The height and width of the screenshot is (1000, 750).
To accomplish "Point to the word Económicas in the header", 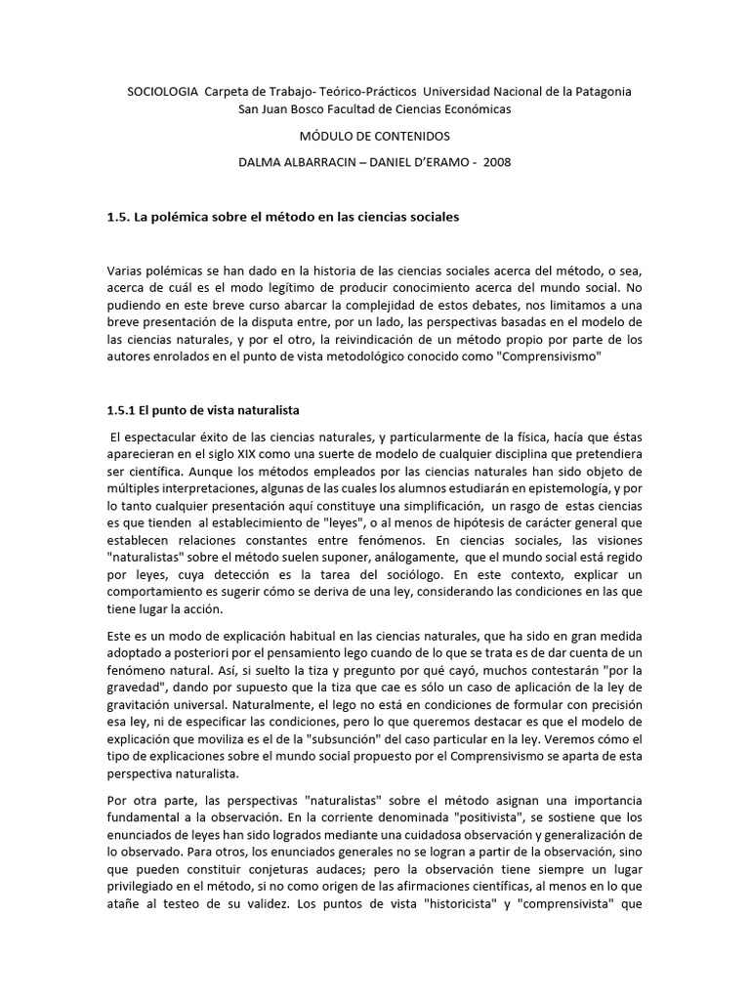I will pyautogui.click(x=476, y=108).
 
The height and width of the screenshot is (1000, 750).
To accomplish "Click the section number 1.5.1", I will pyautogui.click(x=124, y=409).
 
